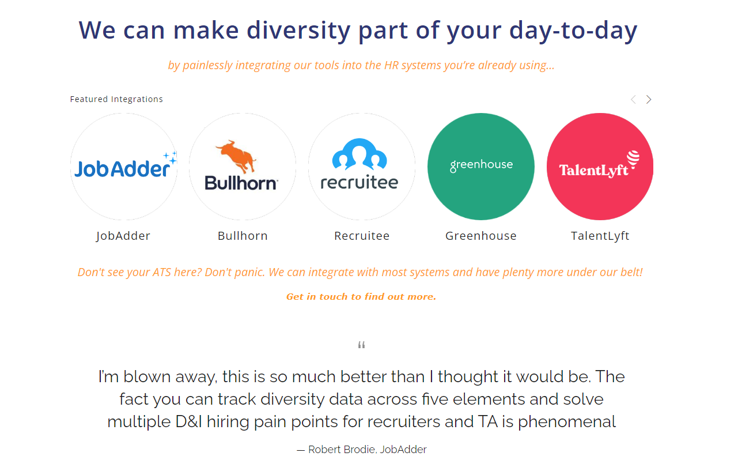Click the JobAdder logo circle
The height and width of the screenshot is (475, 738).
tap(124, 167)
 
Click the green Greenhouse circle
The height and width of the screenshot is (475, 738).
tap(481, 167)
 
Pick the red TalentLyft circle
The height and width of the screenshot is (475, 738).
tap(600, 167)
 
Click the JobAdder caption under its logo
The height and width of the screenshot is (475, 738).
tap(123, 236)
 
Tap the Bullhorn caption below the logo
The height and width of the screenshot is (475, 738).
tap(243, 236)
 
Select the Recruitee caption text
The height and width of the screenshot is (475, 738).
tap(362, 236)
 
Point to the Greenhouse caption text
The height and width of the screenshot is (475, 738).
tap(481, 236)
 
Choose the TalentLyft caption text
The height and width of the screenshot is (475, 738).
tap(600, 236)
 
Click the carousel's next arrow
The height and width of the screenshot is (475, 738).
tap(649, 100)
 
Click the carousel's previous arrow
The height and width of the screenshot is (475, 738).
tap(633, 100)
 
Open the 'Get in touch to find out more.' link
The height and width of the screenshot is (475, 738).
tap(361, 297)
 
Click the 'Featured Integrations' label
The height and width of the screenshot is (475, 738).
tap(116, 99)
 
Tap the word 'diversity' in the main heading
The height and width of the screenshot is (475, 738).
tap(297, 30)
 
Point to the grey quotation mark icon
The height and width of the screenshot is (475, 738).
tap(362, 345)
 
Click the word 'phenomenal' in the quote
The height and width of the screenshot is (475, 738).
tap(567, 422)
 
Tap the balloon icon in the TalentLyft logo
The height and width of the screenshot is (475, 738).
tap(633, 160)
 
